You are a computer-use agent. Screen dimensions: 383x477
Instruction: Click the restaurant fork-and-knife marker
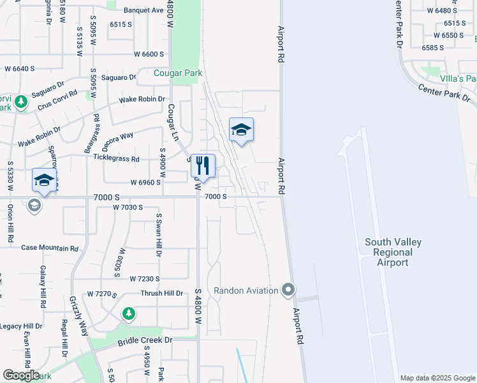click(x=203, y=166)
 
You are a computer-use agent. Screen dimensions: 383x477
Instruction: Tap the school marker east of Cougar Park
click(x=241, y=130)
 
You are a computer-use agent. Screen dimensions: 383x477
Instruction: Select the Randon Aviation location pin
click(x=288, y=290)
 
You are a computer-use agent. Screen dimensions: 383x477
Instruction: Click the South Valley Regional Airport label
click(x=393, y=252)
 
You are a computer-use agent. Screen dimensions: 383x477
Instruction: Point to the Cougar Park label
click(x=178, y=73)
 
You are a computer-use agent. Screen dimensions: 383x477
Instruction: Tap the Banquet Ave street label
click(x=143, y=10)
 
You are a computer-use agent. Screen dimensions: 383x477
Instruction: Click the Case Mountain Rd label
click(x=50, y=248)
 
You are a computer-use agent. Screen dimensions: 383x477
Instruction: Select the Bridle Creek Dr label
click(x=145, y=341)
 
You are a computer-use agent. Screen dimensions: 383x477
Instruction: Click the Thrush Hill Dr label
click(x=162, y=294)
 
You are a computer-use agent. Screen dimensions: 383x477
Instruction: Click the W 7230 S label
click(x=145, y=279)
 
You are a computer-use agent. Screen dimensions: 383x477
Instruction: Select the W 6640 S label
click(x=19, y=68)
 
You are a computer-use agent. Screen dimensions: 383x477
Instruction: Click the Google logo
click(x=21, y=375)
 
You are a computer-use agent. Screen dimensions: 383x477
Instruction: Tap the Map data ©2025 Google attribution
click(x=438, y=378)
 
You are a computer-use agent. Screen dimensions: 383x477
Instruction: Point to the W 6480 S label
click(x=442, y=11)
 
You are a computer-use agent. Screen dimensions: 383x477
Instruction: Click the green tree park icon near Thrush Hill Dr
click(x=129, y=313)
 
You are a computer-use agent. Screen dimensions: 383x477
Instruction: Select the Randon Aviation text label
click(x=246, y=291)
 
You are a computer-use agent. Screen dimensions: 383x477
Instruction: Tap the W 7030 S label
click(x=128, y=207)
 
